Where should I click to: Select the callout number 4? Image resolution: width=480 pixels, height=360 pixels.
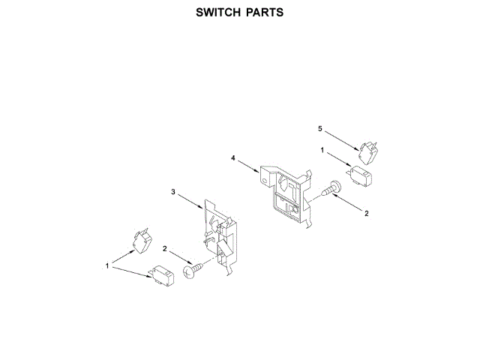(x=233, y=159)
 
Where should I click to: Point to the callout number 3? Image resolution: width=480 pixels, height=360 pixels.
(x=173, y=193)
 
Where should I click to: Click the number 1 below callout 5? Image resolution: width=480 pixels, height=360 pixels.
(x=322, y=151)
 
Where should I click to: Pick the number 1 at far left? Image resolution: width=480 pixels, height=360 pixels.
(x=107, y=265)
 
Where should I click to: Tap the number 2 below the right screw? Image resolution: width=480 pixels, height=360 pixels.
(x=367, y=214)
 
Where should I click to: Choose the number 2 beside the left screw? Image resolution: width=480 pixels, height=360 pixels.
(x=166, y=249)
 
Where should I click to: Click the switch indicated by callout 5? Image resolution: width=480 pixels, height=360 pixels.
(x=369, y=152)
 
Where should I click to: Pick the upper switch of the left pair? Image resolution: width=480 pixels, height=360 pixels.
(x=140, y=241)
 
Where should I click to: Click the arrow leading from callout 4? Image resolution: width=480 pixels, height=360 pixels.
(x=249, y=166)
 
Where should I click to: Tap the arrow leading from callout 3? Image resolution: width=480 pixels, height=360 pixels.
(x=190, y=200)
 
